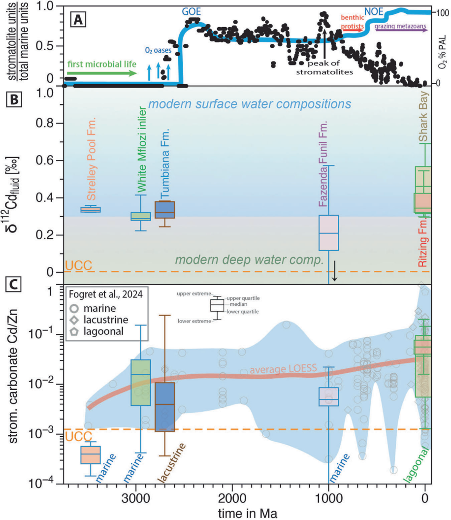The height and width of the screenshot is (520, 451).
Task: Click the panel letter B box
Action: tap(13, 98)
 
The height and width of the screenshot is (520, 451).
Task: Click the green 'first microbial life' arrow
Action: tap(101, 74)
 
